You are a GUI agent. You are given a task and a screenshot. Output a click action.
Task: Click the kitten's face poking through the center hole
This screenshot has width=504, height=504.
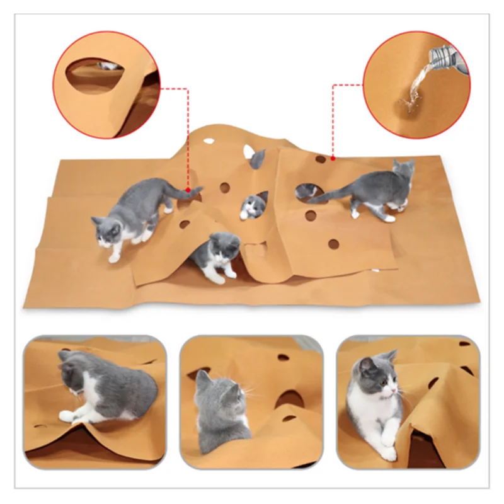coord(253,206)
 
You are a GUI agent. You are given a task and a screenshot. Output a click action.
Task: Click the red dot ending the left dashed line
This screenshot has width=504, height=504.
coord(188,188)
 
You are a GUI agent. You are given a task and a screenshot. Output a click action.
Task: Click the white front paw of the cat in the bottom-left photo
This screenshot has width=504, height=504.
coord(67,416)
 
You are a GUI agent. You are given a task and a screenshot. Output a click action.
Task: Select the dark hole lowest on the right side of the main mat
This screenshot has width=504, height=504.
coord(333,244)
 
